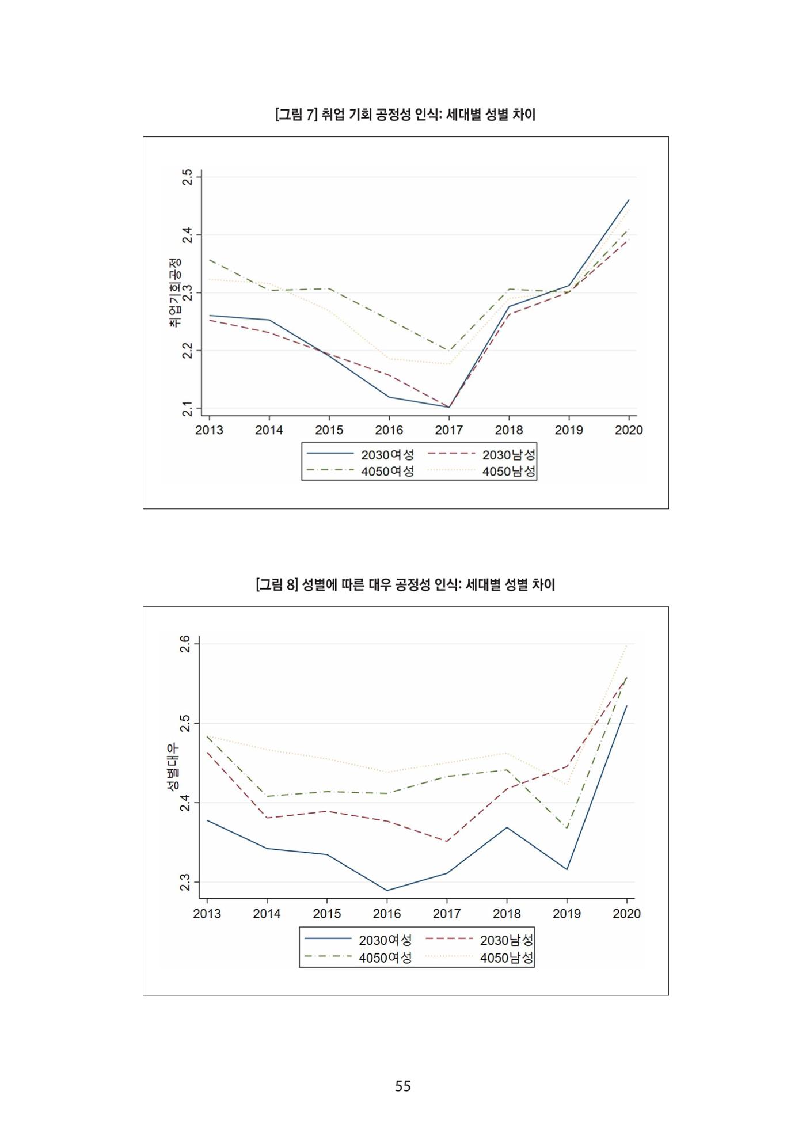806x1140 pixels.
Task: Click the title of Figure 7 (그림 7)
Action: (405, 115)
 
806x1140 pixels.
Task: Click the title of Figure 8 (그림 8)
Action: (405, 585)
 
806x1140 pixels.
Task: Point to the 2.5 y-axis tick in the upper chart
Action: (187, 177)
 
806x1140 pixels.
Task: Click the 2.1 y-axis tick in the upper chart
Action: (187, 409)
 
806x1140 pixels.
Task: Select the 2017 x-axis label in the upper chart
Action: (449, 430)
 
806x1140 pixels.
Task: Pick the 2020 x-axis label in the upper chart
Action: (629, 430)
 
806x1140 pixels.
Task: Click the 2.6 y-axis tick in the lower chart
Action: (185, 644)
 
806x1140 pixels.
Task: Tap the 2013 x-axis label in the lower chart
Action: (207, 914)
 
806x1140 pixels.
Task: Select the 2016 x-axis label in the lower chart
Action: (387, 914)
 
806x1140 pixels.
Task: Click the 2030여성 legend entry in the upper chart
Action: (360, 454)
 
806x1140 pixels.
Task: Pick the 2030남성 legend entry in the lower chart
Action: (480, 940)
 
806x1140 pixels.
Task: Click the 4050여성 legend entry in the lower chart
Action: (358, 957)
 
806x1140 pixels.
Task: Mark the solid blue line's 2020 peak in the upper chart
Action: (629, 200)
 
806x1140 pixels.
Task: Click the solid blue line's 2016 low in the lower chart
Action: (387, 890)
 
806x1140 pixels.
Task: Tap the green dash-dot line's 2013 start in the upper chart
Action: (209, 260)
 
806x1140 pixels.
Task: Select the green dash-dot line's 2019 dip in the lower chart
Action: (567, 828)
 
